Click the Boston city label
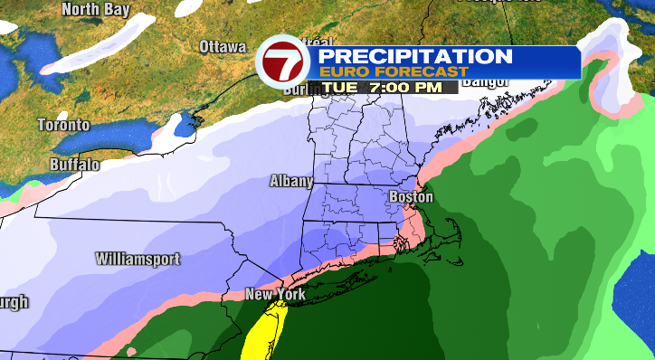pyautogui.click(x=411, y=197)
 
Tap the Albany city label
pyautogui.click(x=291, y=181)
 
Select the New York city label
pyautogui.click(x=276, y=295)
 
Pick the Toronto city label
pyautogui.click(x=64, y=125)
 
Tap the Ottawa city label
pyautogui.click(x=223, y=46)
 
